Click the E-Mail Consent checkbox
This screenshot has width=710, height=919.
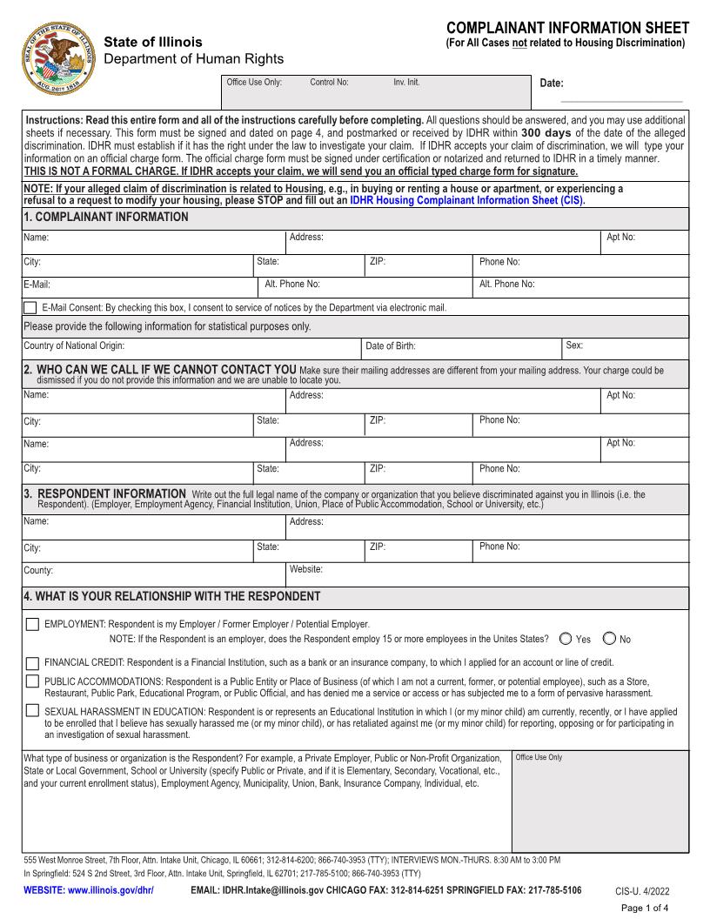coord(30,307)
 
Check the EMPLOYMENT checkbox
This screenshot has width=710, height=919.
coord(32,624)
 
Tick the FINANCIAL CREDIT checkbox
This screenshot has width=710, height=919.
coord(32,662)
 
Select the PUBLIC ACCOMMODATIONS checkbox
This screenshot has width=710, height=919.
coord(32,681)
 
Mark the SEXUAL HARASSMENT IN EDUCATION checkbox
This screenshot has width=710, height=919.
coord(32,711)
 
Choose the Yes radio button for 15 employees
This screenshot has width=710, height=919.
coord(566,639)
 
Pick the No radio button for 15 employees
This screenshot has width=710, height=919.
coord(609,639)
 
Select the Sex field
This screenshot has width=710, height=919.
coord(635,346)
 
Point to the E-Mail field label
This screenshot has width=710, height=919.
coord(37,285)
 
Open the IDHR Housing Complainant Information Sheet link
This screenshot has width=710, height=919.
coord(467,200)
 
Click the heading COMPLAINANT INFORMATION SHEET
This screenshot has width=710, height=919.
coord(567,29)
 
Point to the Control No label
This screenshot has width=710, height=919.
coord(329,83)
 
